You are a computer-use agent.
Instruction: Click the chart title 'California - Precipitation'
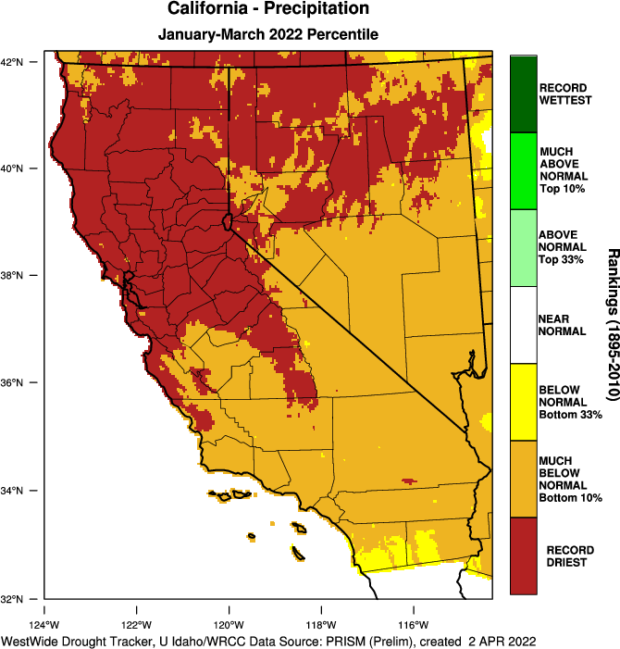[x=268, y=10]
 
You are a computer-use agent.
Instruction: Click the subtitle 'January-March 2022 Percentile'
[x=268, y=35]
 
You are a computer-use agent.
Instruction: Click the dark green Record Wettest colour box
[x=523, y=94]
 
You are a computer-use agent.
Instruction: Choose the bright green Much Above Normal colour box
[x=523, y=170]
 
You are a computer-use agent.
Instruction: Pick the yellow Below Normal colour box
[x=523, y=402]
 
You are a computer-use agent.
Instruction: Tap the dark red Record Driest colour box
[x=523, y=555]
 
